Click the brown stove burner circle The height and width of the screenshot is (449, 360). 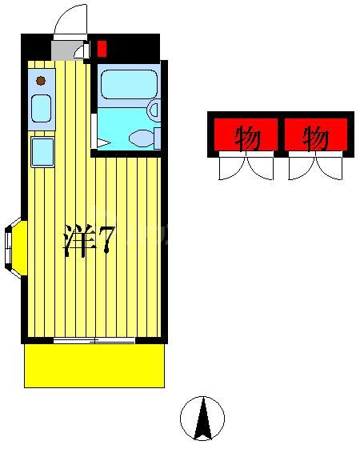40,80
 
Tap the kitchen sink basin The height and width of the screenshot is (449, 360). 41,106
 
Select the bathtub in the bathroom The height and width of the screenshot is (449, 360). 128,84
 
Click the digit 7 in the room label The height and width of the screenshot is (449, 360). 106,239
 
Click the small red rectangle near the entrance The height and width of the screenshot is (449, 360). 102,48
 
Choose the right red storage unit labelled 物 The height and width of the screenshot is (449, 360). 316,135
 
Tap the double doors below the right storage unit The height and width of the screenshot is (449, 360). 316,167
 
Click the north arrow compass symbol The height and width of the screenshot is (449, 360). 202,419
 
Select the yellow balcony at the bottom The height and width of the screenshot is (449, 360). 94,366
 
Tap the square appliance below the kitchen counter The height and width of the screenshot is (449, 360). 42,151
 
